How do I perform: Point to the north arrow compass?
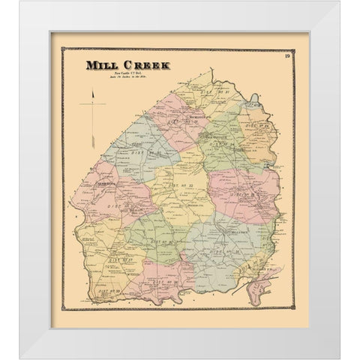click(91, 105)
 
